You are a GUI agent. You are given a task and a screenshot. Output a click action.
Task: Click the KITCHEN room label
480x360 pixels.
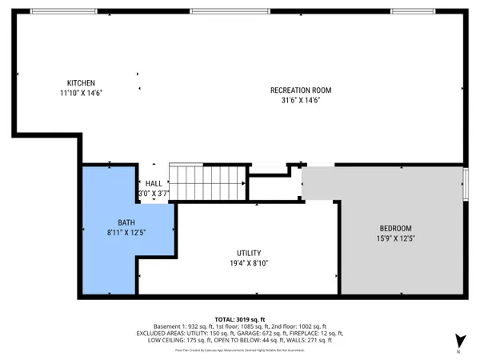tap(81, 83)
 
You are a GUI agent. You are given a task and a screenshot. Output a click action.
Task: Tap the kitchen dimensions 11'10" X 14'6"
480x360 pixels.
tap(81, 93)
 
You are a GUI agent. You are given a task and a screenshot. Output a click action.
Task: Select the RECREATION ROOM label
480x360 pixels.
tap(300, 90)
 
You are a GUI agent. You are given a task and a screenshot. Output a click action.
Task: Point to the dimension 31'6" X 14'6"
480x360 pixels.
tap(300, 100)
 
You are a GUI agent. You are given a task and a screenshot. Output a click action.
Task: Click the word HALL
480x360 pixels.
tap(154, 184)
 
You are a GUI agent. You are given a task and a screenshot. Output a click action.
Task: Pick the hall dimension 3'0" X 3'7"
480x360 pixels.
tap(154, 194)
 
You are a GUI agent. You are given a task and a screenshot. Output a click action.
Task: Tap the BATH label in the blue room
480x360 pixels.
tap(126, 222)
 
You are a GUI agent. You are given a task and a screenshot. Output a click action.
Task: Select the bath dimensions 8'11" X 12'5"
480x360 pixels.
tap(126, 231)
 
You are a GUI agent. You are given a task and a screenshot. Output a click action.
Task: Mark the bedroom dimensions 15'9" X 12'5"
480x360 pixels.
tap(395, 238)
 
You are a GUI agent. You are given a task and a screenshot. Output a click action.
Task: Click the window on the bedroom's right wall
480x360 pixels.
tap(468, 186)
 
